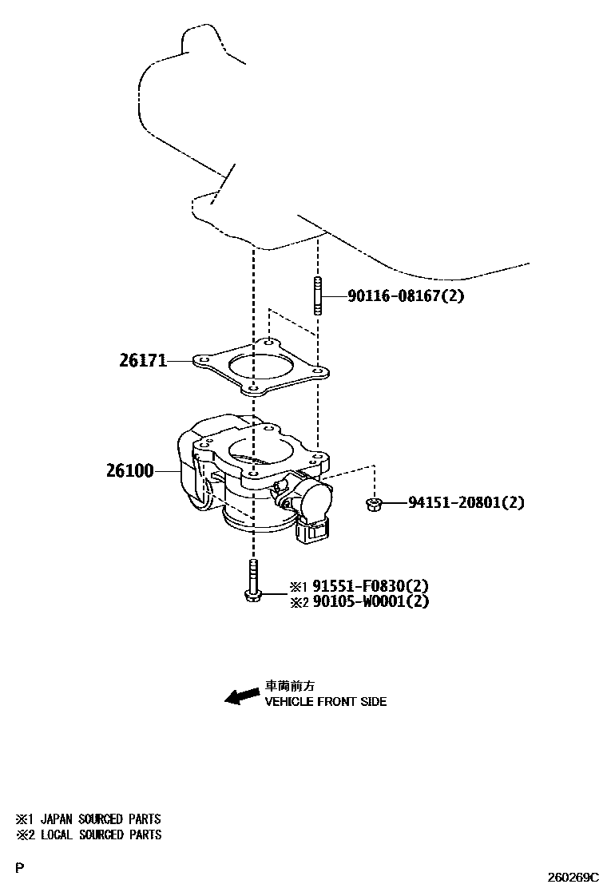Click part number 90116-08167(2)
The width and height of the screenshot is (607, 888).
pos(406,296)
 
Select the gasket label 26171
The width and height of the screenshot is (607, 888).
pos(143,361)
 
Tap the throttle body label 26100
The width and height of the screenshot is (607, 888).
pos(129,471)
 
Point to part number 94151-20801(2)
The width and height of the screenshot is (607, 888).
pos(466,503)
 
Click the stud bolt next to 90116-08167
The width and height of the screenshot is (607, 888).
pos(317,296)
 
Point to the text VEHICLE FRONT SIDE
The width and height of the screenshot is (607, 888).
pos(325,702)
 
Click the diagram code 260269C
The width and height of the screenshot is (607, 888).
pos(572,877)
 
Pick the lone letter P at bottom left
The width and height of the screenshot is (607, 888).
pos(19,867)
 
